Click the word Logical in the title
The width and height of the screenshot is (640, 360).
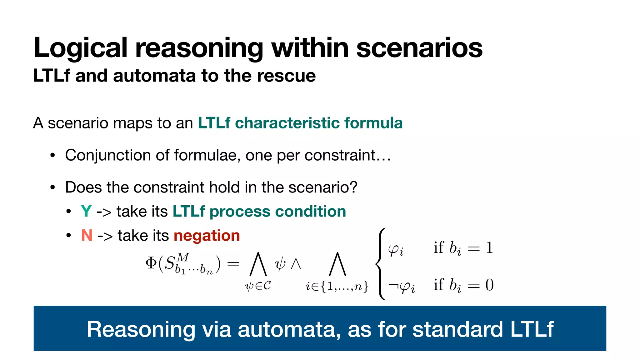[x=80, y=48]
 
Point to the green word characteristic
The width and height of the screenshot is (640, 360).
[x=287, y=123]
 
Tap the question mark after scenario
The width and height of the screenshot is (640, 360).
[x=353, y=187]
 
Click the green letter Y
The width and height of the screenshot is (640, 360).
[x=86, y=212]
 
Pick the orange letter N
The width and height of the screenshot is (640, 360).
[x=87, y=235]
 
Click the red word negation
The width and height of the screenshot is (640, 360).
[x=207, y=236]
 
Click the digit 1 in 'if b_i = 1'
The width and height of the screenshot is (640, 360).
[x=489, y=248]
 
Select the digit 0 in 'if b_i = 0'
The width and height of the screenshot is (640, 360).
[x=489, y=285]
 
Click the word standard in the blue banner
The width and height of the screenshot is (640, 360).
[x=457, y=329]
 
